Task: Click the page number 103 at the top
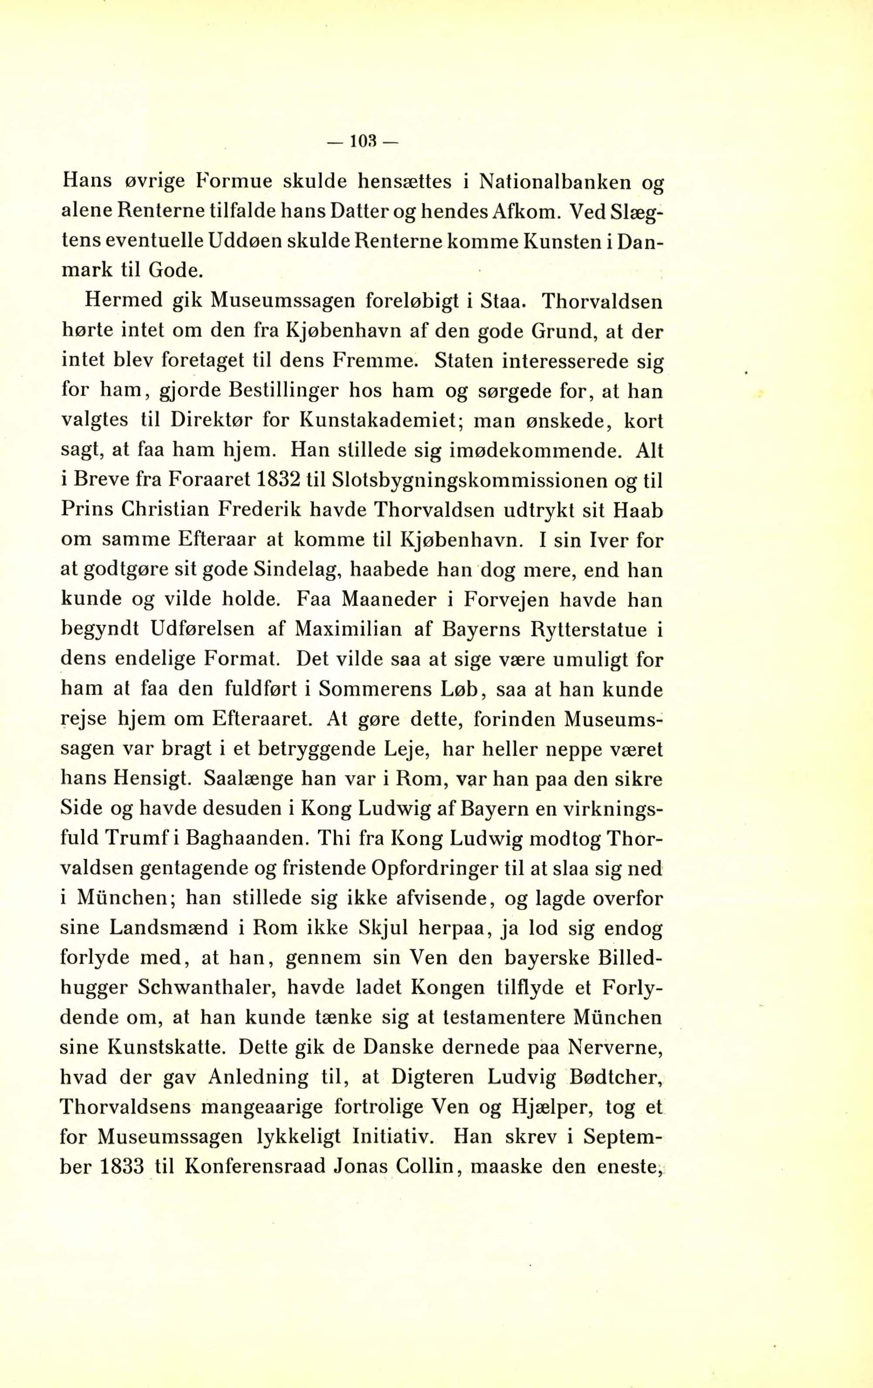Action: click(363, 142)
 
